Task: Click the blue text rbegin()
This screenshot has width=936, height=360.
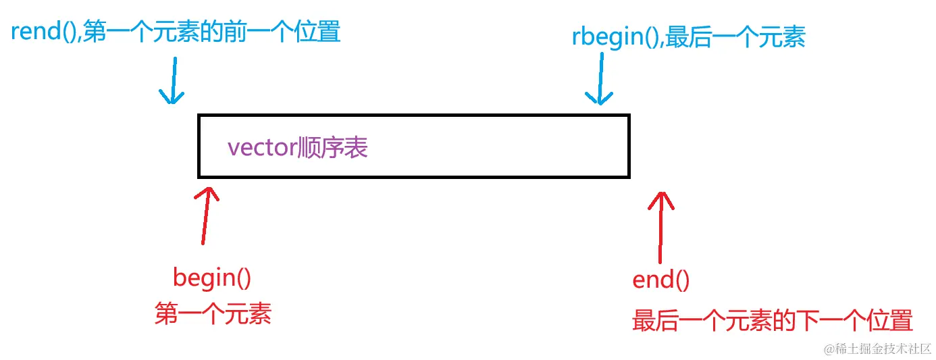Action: coord(615,38)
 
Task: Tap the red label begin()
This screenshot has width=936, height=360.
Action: coord(212,278)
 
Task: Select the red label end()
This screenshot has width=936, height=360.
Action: coord(660,280)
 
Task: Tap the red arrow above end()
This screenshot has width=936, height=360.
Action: coord(661,226)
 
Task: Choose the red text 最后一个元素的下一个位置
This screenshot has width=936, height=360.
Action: coord(772,320)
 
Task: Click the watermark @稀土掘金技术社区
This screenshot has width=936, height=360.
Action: coord(877,349)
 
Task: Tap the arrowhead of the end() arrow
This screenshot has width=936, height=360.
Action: coord(662,196)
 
